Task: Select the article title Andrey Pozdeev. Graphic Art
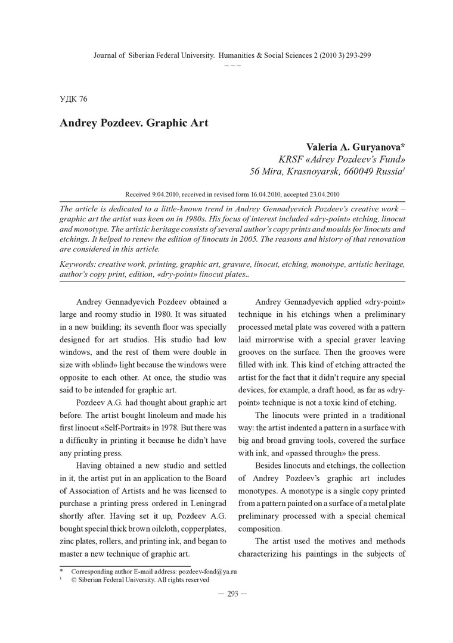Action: [134, 123]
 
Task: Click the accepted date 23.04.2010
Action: [322, 194]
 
